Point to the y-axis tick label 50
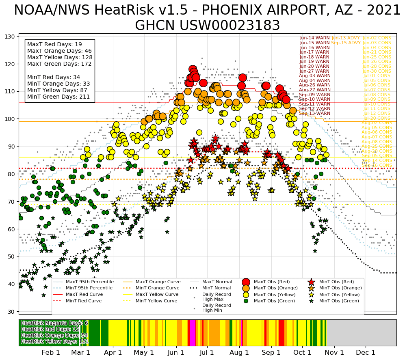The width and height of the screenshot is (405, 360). coord(11,257)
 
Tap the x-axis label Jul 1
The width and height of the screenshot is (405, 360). coord(207,352)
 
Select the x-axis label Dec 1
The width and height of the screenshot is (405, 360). coord(367,352)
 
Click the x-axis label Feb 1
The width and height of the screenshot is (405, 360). coord(51,352)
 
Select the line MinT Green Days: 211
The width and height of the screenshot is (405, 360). coord(58,97)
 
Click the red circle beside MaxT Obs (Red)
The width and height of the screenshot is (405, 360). coord(246,282)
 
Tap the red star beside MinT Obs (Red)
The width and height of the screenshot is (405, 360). coord(311,282)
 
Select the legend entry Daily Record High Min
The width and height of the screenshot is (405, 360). coord(217,308)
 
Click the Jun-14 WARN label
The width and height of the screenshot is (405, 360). coord(315,38)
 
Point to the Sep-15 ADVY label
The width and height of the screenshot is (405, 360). coord(346,43)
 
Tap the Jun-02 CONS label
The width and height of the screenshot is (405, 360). coord(377,38)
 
